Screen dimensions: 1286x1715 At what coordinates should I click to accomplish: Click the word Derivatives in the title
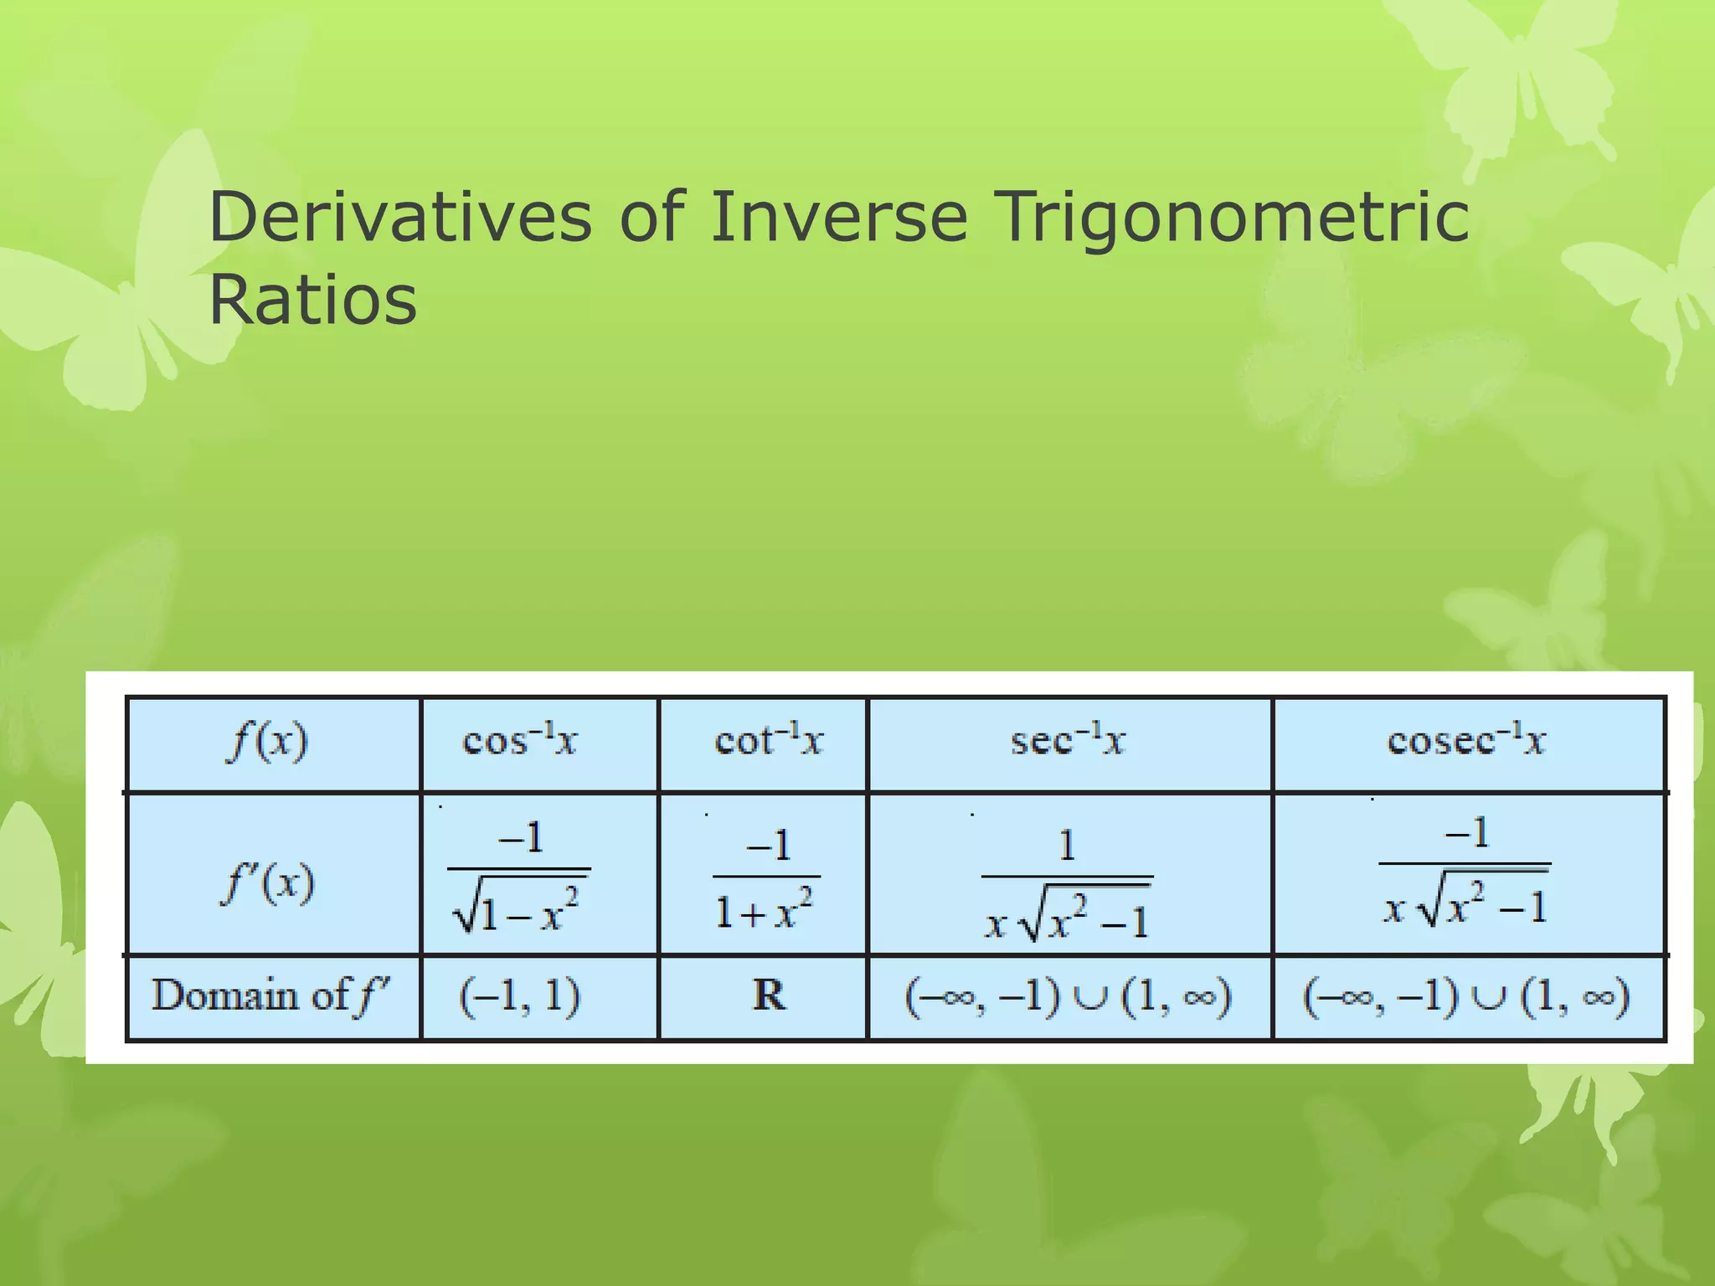pyautogui.click(x=400, y=217)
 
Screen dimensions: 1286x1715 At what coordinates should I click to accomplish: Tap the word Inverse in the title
pyautogui.click(x=839, y=217)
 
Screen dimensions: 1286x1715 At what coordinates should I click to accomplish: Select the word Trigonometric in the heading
pyautogui.click(x=1234, y=217)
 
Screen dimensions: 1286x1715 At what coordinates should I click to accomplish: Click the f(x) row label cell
pyautogui.click(x=268, y=743)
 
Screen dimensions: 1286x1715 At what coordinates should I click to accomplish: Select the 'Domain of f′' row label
pyautogui.click(x=270, y=996)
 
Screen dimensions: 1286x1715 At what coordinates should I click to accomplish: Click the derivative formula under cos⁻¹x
pyautogui.click(x=520, y=876)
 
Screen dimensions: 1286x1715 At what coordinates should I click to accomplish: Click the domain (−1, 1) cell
pyautogui.click(x=520, y=996)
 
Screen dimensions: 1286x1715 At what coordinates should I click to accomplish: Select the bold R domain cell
pyautogui.click(x=769, y=996)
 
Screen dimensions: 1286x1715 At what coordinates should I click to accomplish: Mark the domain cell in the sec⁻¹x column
pyautogui.click(x=1068, y=997)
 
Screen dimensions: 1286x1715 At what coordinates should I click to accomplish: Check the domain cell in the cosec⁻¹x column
pyautogui.click(x=1465, y=997)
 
